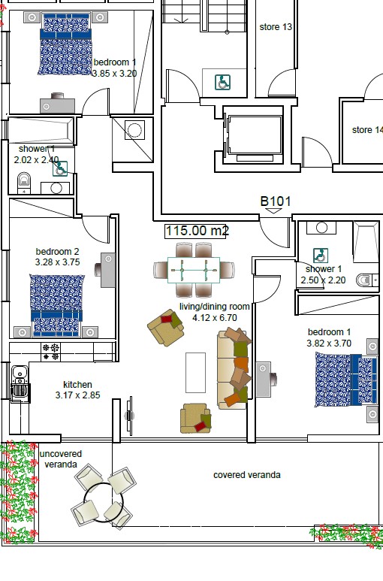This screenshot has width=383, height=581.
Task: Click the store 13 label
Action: click(x=276, y=27)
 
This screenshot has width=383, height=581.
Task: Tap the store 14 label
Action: click(x=366, y=130)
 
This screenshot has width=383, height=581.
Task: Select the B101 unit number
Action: click(x=275, y=201)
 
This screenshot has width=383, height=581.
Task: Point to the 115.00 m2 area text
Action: click(x=197, y=231)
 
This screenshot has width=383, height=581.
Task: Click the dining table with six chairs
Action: click(x=194, y=269)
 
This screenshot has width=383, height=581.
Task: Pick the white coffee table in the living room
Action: click(x=195, y=372)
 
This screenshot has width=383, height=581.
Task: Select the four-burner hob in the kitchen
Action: click(x=51, y=349)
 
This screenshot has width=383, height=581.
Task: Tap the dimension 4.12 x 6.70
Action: click(x=215, y=318)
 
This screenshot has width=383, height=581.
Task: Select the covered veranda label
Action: click(x=247, y=475)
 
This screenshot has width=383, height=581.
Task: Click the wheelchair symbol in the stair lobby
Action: click(x=222, y=82)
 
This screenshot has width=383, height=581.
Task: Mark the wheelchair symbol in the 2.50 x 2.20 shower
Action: click(x=319, y=255)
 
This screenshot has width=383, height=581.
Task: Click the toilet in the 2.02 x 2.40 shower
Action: click(x=23, y=179)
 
